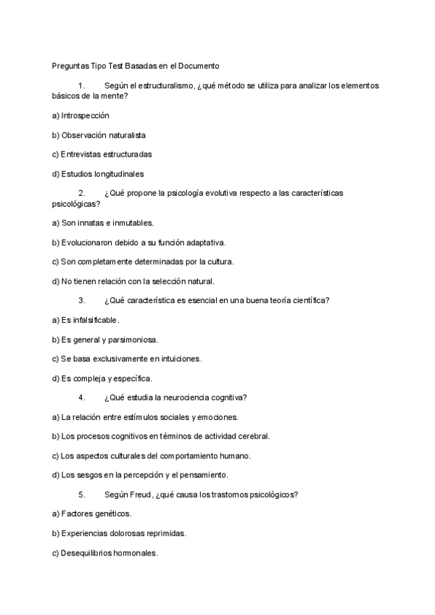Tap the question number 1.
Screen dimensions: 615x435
click(x=81, y=86)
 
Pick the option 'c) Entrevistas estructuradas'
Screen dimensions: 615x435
click(x=101, y=154)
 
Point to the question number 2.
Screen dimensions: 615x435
click(x=81, y=193)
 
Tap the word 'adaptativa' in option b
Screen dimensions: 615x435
click(x=207, y=242)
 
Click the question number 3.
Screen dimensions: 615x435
click(x=81, y=300)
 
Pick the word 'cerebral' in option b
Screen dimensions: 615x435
click(x=251, y=436)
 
